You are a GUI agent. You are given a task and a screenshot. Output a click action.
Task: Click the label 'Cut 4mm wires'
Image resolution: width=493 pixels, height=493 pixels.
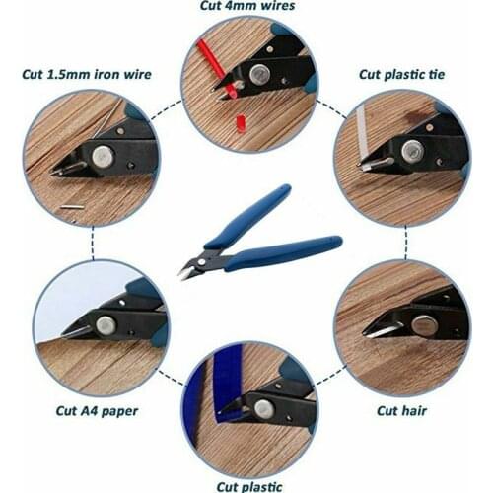[x=246, y=6]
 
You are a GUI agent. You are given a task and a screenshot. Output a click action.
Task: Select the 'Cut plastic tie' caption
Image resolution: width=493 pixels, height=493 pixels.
[x=400, y=74]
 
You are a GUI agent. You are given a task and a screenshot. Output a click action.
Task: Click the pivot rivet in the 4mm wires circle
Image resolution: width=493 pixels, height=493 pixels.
[x=259, y=74]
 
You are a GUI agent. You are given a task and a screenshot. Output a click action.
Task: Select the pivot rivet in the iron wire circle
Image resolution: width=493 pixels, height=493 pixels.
[x=103, y=155]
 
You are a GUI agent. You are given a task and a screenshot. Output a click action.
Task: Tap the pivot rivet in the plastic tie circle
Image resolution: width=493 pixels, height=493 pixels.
[x=412, y=151]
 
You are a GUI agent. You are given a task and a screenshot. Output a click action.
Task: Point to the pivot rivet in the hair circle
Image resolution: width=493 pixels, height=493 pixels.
[x=425, y=325]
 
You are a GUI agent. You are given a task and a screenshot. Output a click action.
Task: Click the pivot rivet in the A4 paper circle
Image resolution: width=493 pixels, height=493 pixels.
[x=106, y=324]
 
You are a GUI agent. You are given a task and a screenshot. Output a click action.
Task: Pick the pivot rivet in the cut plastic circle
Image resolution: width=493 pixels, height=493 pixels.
[x=263, y=408]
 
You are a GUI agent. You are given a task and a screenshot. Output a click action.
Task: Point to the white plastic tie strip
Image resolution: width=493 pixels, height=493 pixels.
[x=362, y=133]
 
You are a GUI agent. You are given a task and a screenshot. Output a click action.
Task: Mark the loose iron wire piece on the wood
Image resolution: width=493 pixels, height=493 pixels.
[x=72, y=206]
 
